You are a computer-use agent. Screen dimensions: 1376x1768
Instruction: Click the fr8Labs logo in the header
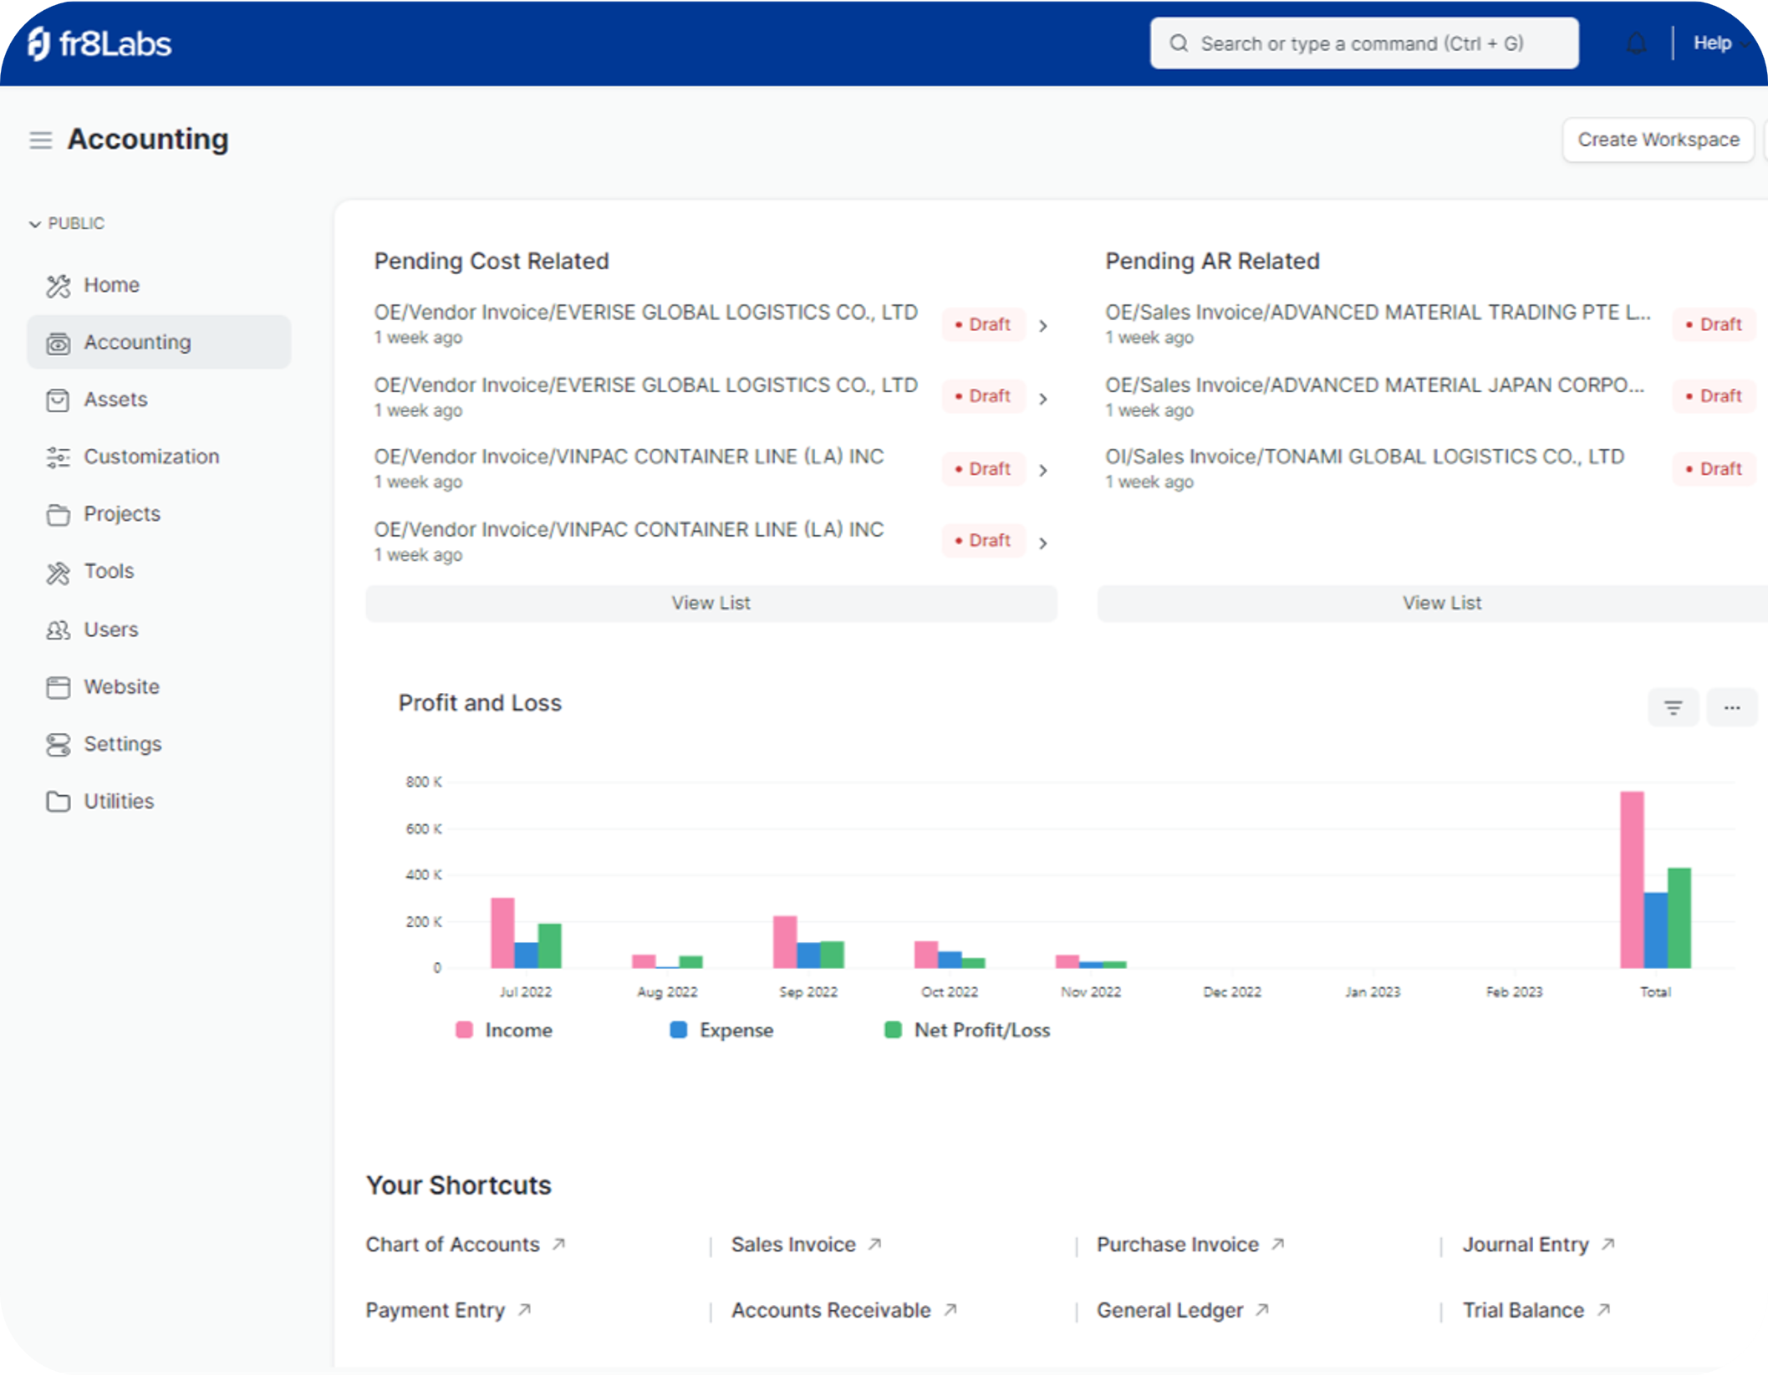tap(99, 43)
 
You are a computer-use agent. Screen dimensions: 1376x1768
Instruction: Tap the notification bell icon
tap(1636, 43)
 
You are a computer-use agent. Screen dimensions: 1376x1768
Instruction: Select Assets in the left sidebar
tap(115, 400)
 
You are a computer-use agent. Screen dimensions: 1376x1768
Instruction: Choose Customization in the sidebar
tap(151, 457)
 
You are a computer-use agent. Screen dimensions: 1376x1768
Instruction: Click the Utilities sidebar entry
tap(119, 802)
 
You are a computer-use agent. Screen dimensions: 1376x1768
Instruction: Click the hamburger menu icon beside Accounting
tap(40, 140)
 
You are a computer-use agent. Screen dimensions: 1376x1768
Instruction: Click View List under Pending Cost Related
tap(711, 603)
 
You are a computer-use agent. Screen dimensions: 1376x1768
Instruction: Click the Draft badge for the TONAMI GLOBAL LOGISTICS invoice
tap(1713, 469)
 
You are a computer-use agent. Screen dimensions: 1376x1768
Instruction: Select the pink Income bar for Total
tap(1631, 879)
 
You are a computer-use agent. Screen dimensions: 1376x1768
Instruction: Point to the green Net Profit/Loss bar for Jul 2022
tap(549, 945)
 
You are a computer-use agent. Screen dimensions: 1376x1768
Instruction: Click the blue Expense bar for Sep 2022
tap(808, 955)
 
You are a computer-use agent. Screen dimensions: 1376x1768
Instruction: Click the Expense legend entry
tap(722, 1030)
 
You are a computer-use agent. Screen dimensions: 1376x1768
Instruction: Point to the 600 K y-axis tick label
tap(423, 828)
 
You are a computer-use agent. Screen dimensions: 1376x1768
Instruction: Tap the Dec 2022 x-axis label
tap(1231, 992)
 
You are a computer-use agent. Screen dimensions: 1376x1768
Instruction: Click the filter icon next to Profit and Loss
tap(1673, 708)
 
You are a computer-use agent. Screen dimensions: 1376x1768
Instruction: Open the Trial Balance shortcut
tap(1523, 1310)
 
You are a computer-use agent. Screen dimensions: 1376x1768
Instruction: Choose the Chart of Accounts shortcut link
tap(452, 1245)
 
